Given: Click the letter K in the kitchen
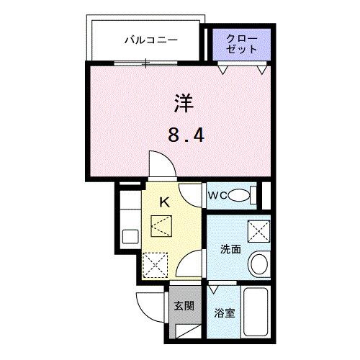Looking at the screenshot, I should (x=163, y=203).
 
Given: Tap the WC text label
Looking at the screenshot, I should (x=218, y=194).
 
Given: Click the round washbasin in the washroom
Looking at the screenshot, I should (x=258, y=264).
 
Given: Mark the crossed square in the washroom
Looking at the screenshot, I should (x=257, y=230).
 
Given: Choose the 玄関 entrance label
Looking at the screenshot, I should (x=184, y=305).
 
